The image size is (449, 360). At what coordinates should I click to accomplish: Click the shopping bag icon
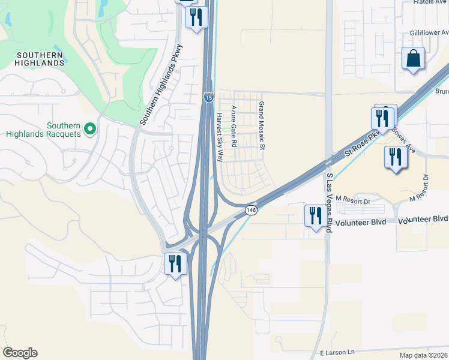414,59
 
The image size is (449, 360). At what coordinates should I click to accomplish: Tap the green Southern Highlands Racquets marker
90,128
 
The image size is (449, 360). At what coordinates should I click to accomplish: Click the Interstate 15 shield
208,97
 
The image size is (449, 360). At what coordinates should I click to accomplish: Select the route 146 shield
251,210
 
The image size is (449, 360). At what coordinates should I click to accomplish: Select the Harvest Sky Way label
220,137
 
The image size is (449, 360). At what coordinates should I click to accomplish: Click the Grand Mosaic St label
262,125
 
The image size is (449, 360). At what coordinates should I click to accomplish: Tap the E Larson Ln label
337,352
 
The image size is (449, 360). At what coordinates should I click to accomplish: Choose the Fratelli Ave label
431,2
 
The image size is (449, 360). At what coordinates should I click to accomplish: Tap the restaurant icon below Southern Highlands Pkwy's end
175,264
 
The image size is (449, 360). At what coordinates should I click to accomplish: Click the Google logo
20,353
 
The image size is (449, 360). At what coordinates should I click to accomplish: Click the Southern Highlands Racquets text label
43,130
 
